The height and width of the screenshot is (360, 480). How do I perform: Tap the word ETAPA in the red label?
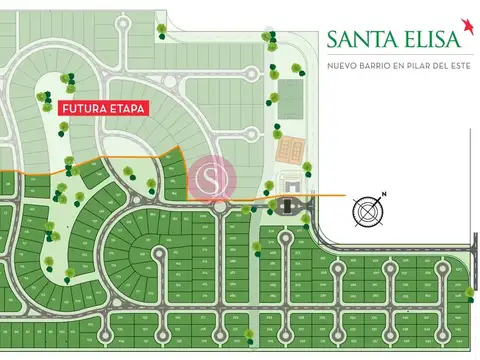coord(128,108)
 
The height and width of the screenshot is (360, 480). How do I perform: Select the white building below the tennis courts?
coord(291,184)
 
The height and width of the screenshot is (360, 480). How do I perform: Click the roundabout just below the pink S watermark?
coord(219,207)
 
